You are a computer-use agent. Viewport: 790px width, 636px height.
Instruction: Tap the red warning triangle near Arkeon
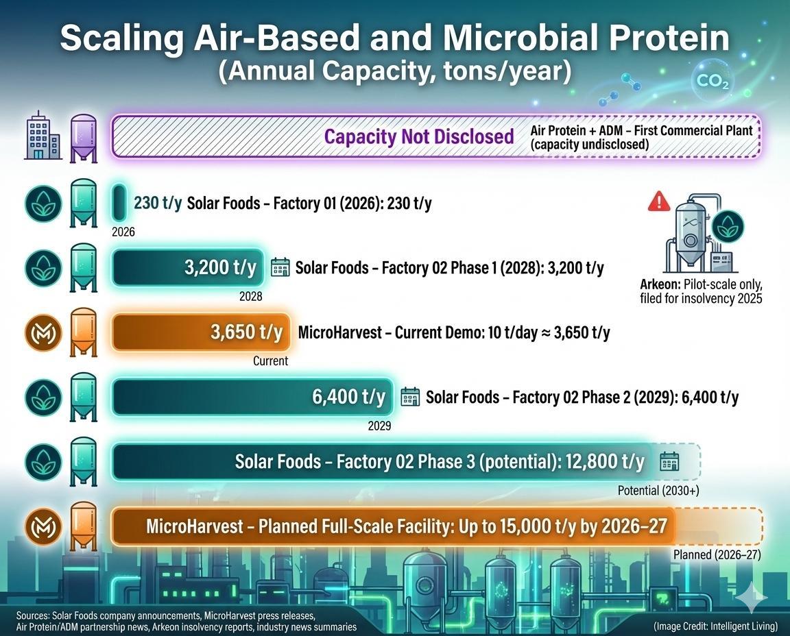tap(658, 201)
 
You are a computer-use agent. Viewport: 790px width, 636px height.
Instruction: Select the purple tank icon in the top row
tap(84, 137)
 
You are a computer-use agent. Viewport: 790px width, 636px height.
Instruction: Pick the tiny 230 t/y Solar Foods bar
tap(119, 203)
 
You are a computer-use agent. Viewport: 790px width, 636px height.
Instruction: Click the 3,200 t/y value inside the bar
tap(220, 267)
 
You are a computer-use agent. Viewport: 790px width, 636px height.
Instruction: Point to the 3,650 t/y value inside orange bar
tap(246, 332)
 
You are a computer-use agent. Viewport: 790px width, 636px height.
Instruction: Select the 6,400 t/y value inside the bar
tap(348, 396)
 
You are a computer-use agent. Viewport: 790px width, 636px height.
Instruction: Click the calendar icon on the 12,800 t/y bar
tap(669, 462)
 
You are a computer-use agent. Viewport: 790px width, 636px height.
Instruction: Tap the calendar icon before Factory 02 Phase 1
tap(280, 267)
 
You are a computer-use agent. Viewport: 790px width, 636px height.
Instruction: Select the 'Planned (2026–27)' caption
tap(717, 555)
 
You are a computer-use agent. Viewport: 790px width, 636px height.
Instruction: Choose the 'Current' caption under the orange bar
tap(271, 360)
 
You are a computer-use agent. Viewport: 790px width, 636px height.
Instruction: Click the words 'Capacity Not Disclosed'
tap(418, 136)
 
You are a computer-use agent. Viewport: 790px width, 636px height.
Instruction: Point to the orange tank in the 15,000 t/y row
tap(84, 526)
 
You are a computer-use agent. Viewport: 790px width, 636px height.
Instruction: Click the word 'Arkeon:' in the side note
tap(660, 284)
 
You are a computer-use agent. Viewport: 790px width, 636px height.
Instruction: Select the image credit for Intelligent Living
tap(715, 626)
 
